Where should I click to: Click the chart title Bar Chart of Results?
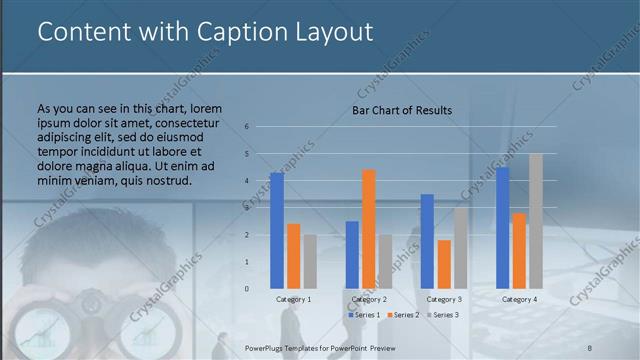coord(401,110)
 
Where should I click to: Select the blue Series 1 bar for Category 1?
coord(277,230)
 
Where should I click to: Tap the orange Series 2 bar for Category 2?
coord(369,228)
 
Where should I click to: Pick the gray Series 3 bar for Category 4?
coord(536,220)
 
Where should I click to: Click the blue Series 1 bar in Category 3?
coord(427,241)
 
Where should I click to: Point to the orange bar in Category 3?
coord(444,264)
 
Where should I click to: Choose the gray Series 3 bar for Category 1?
coord(310,261)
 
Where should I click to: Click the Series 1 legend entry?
coord(364,315)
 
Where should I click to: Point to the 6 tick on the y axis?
coord(246,127)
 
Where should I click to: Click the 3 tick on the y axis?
coord(246,208)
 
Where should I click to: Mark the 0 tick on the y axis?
coord(246,289)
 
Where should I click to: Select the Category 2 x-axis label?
coord(369,299)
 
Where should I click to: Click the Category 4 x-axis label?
coord(519,299)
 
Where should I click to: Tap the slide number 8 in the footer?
coord(590,346)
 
